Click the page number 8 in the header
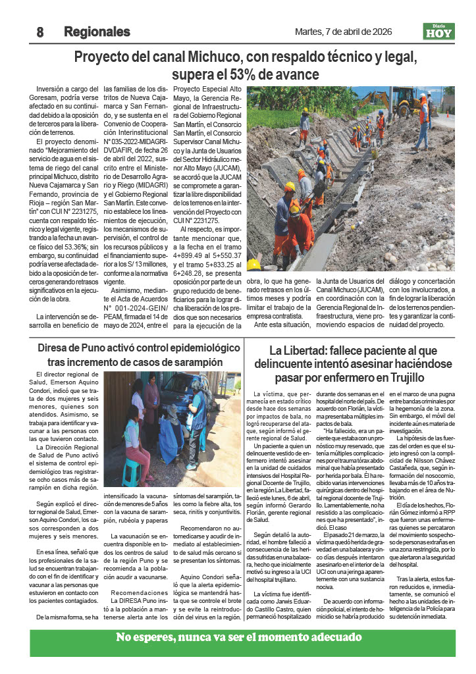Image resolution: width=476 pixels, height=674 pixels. [40, 32]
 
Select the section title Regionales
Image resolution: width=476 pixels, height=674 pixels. [97, 32]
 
